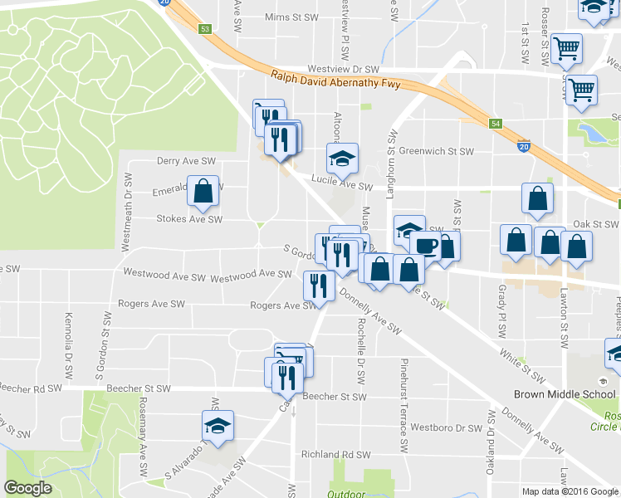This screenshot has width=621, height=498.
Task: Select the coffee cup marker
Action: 425,247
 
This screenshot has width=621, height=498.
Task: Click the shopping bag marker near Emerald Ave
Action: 203,192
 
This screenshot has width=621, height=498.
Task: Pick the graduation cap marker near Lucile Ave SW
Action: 341,157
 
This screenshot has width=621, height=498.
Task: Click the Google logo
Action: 27,488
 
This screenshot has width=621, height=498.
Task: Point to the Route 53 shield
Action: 205,28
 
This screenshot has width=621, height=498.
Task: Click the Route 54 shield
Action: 495,124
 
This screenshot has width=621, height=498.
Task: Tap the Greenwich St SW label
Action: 436,151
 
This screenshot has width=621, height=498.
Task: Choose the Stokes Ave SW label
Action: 190,220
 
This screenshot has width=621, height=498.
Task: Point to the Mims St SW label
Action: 291,17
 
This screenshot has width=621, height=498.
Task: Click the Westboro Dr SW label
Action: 452,428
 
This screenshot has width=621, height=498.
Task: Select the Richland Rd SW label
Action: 335,455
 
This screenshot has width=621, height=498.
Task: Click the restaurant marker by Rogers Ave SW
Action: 319,286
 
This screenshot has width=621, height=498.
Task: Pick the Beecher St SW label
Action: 335,397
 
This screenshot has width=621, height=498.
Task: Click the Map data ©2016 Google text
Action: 570,491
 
